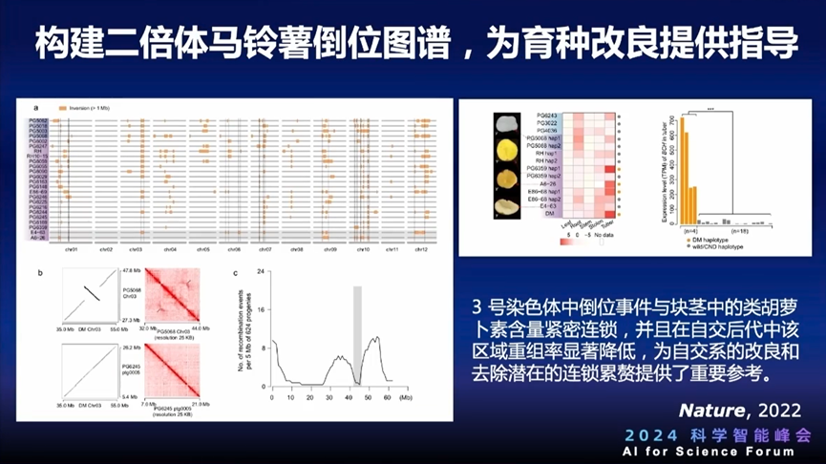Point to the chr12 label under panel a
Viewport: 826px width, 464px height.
422,249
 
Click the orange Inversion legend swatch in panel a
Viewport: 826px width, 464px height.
62,109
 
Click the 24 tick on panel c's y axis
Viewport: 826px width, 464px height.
265,272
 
